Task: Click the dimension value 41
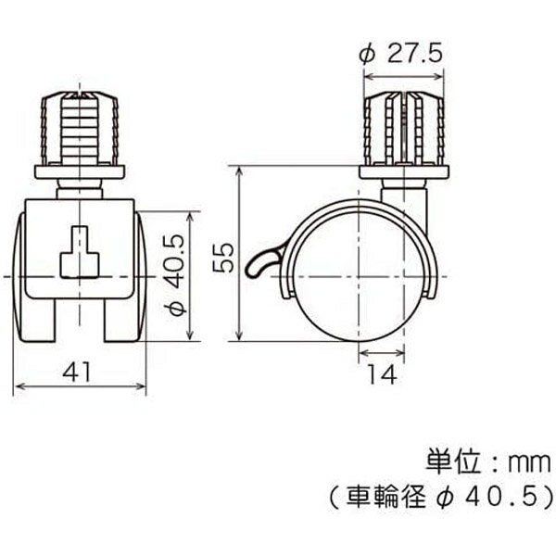pyautogui.click(x=77, y=372)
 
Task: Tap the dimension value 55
pyautogui.click(x=223, y=258)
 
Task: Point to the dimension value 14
pyautogui.click(x=382, y=374)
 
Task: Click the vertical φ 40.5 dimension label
pyautogui.click(x=176, y=275)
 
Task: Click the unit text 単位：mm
pyautogui.click(x=488, y=462)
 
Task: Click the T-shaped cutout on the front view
pyautogui.click(x=80, y=252)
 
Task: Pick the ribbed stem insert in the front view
pyautogui.click(x=80, y=128)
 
